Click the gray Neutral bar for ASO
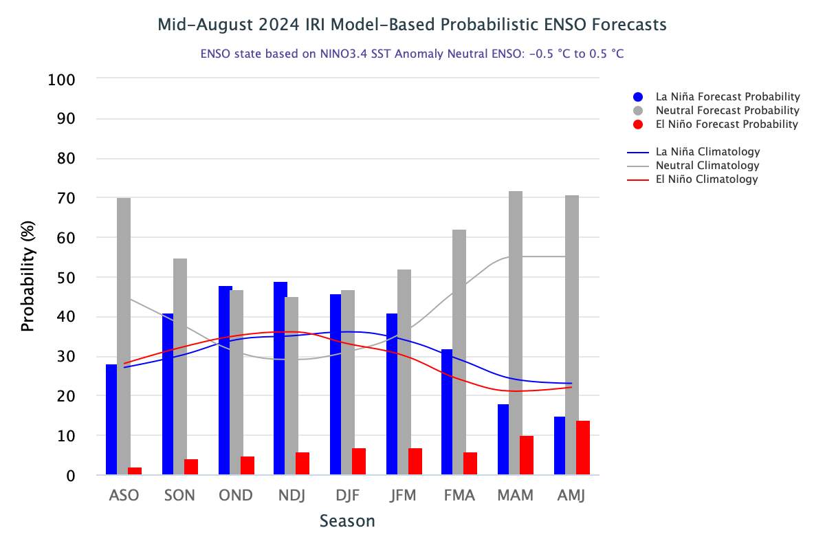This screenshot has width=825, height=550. (124, 336)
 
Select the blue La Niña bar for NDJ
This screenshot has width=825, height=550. (280, 378)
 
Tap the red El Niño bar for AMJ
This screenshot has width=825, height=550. (583, 448)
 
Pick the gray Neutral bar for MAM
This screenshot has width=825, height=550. (516, 333)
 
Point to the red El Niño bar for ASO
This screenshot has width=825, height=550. (135, 471)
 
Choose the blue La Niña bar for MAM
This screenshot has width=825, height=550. (503, 439)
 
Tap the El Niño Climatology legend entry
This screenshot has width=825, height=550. (706, 179)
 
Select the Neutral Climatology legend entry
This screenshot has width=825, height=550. (707, 166)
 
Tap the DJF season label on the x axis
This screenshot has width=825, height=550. (346, 496)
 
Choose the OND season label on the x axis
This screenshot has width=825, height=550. (235, 496)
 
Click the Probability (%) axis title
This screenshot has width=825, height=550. (27, 277)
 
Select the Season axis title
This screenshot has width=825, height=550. (347, 521)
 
